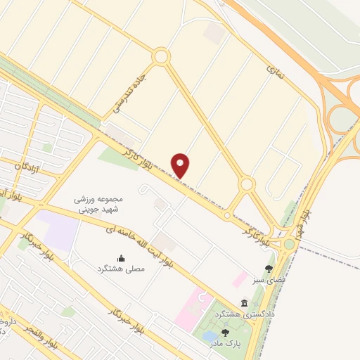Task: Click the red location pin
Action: (x=181, y=165)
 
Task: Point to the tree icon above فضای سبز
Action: (x=268, y=269)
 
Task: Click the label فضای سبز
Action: (x=268, y=280)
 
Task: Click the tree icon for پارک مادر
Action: (x=226, y=333)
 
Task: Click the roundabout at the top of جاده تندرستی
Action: (x=161, y=56)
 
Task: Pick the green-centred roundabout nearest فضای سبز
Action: (x=288, y=244)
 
